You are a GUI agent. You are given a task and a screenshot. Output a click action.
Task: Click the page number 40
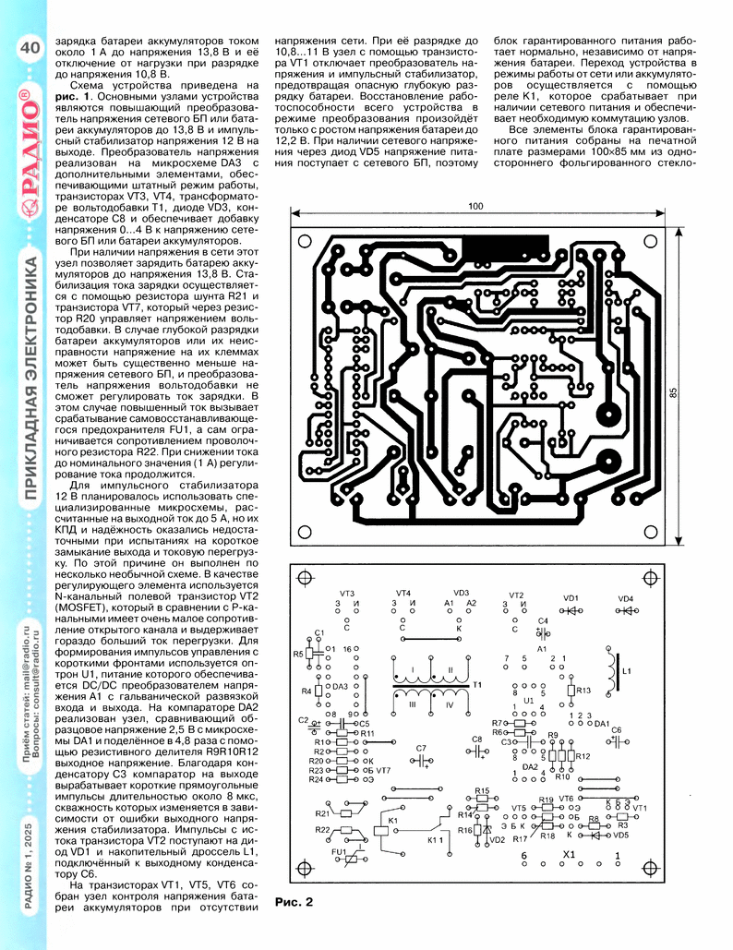click(30, 47)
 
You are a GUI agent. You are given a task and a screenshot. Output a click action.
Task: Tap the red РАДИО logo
click(30, 150)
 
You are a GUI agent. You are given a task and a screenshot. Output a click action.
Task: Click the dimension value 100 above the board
click(475, 206)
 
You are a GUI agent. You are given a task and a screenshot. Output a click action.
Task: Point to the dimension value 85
click(674, 393)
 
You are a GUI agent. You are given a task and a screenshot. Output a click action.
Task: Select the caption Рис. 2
click(294, 902)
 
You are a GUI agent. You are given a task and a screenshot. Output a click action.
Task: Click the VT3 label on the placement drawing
click(346, 594)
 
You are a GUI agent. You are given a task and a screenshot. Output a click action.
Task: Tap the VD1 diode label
click(571, 598)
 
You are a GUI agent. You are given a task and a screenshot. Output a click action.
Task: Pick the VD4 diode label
click(625, 598)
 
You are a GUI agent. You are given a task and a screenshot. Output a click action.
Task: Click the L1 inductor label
click(627, 671)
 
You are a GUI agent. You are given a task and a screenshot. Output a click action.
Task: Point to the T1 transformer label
click(476, 685)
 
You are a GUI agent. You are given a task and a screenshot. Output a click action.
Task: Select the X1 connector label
click(569, 854)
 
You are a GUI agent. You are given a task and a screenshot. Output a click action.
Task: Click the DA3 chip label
click(341, 687)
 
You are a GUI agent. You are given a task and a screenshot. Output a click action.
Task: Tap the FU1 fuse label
click(339, 851)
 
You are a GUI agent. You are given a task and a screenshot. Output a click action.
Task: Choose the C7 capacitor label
click(421, 748)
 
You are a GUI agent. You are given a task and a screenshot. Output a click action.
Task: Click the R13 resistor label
click(583, 690)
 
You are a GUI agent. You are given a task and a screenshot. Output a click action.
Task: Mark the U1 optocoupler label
click(529, 701)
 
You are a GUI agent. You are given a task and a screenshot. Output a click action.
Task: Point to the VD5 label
click(621, 835)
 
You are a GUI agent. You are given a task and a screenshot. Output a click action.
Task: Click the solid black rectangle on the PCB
click(506, 247)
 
